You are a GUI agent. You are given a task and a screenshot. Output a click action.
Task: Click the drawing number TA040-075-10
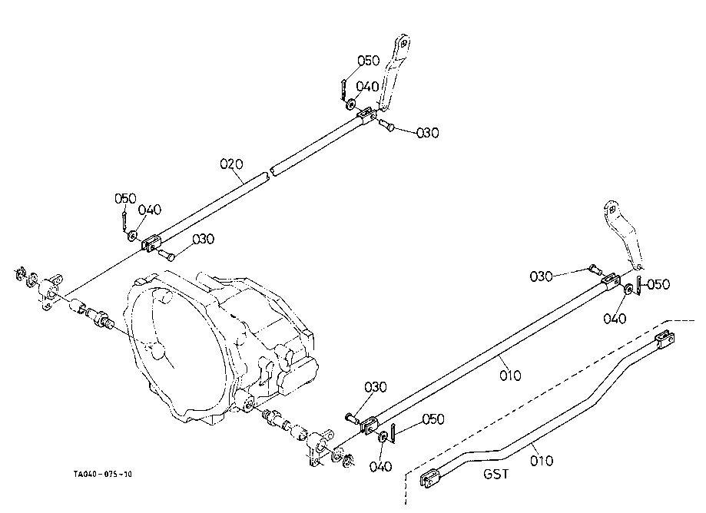[x=103, y=474]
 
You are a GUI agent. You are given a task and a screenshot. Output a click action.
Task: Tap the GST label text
[x=496, y=474]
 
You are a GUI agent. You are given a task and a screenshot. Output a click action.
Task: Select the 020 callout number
[x=231, y=164]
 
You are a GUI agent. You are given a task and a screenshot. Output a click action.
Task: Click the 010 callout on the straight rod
[x=511, y=375]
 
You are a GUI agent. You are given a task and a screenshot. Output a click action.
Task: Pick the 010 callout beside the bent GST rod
[x=541, y=461]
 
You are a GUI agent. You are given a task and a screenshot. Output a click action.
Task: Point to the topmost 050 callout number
[x=369, y=61]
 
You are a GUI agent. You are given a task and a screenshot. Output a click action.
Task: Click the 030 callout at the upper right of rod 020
[x=427, y=133]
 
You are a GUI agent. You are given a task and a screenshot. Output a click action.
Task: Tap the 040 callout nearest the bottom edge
[x=380, y=467]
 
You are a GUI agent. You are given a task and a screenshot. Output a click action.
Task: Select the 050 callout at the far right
[x=658, y=284]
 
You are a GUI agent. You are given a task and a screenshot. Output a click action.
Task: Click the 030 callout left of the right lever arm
[x=541, y=276]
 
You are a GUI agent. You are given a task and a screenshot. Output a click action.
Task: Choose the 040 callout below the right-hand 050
[x=615, y=319]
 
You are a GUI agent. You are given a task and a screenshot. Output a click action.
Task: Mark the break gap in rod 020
[x=269, y=172]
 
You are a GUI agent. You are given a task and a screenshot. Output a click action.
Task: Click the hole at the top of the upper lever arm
[x=404, y=44]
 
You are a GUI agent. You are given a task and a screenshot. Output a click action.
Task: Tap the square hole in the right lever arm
[x=612, y=209]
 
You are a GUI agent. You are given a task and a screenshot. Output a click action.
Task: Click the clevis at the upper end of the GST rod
[x=665, y=339]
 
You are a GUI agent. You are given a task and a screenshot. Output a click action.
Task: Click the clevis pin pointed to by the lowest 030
[x=352, y=419]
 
